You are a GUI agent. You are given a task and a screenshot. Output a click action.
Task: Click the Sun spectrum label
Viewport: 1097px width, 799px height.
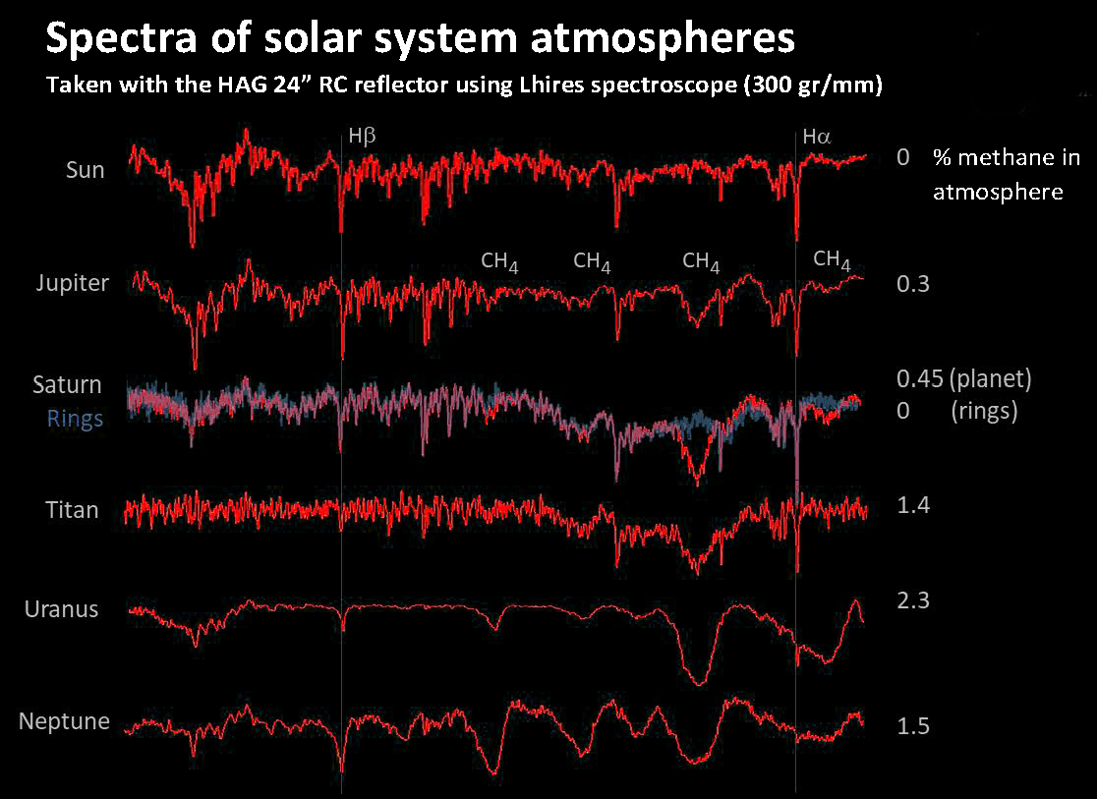(86, 170)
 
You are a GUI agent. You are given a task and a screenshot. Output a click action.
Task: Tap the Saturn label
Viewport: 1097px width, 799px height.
(67, 384)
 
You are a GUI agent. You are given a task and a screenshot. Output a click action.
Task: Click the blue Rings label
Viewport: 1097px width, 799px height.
(75, 418)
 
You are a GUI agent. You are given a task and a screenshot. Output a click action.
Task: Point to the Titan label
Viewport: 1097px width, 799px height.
(72, 510)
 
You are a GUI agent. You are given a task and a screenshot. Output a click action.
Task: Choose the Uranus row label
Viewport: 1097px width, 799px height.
(61, 608)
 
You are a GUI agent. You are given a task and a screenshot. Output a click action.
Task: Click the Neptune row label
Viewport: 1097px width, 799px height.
(64, 722)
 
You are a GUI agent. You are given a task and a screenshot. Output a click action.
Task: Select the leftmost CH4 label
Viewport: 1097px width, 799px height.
(499, 261)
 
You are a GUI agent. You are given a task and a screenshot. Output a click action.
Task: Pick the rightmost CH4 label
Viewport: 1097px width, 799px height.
(832, 259)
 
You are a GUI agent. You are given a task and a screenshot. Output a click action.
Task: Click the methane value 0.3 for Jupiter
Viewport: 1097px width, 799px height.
(913, 284)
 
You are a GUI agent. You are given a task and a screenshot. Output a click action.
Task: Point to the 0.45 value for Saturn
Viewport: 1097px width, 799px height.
(920, 378)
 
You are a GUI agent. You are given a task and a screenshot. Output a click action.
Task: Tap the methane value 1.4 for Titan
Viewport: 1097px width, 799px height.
(913, 505)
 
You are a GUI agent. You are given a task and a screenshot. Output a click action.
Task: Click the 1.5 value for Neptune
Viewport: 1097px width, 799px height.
(913, 726)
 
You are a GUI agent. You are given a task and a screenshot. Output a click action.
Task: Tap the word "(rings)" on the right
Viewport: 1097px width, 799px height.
(984, 412)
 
